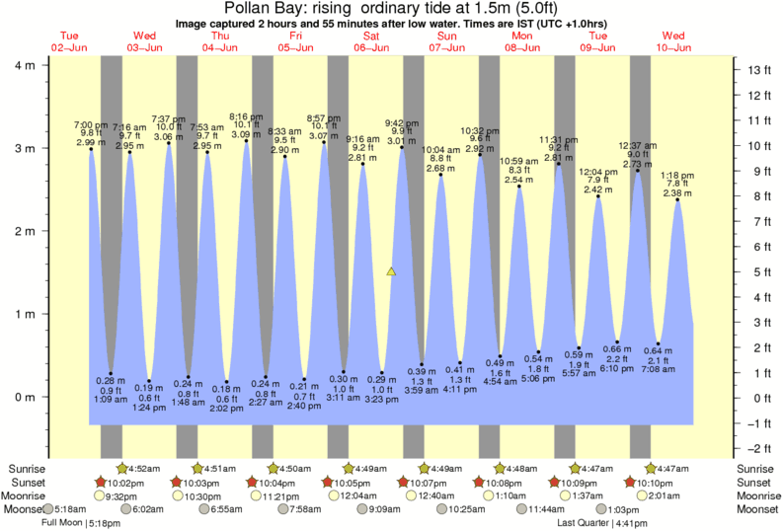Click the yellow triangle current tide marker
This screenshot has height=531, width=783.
392,271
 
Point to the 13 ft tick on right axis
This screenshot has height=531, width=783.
757,70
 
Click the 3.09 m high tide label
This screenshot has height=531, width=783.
245,134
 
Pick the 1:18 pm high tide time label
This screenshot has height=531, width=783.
676,174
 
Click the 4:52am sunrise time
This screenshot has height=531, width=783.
145,468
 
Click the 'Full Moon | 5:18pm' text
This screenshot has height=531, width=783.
81,523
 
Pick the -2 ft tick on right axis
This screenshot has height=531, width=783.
757,447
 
